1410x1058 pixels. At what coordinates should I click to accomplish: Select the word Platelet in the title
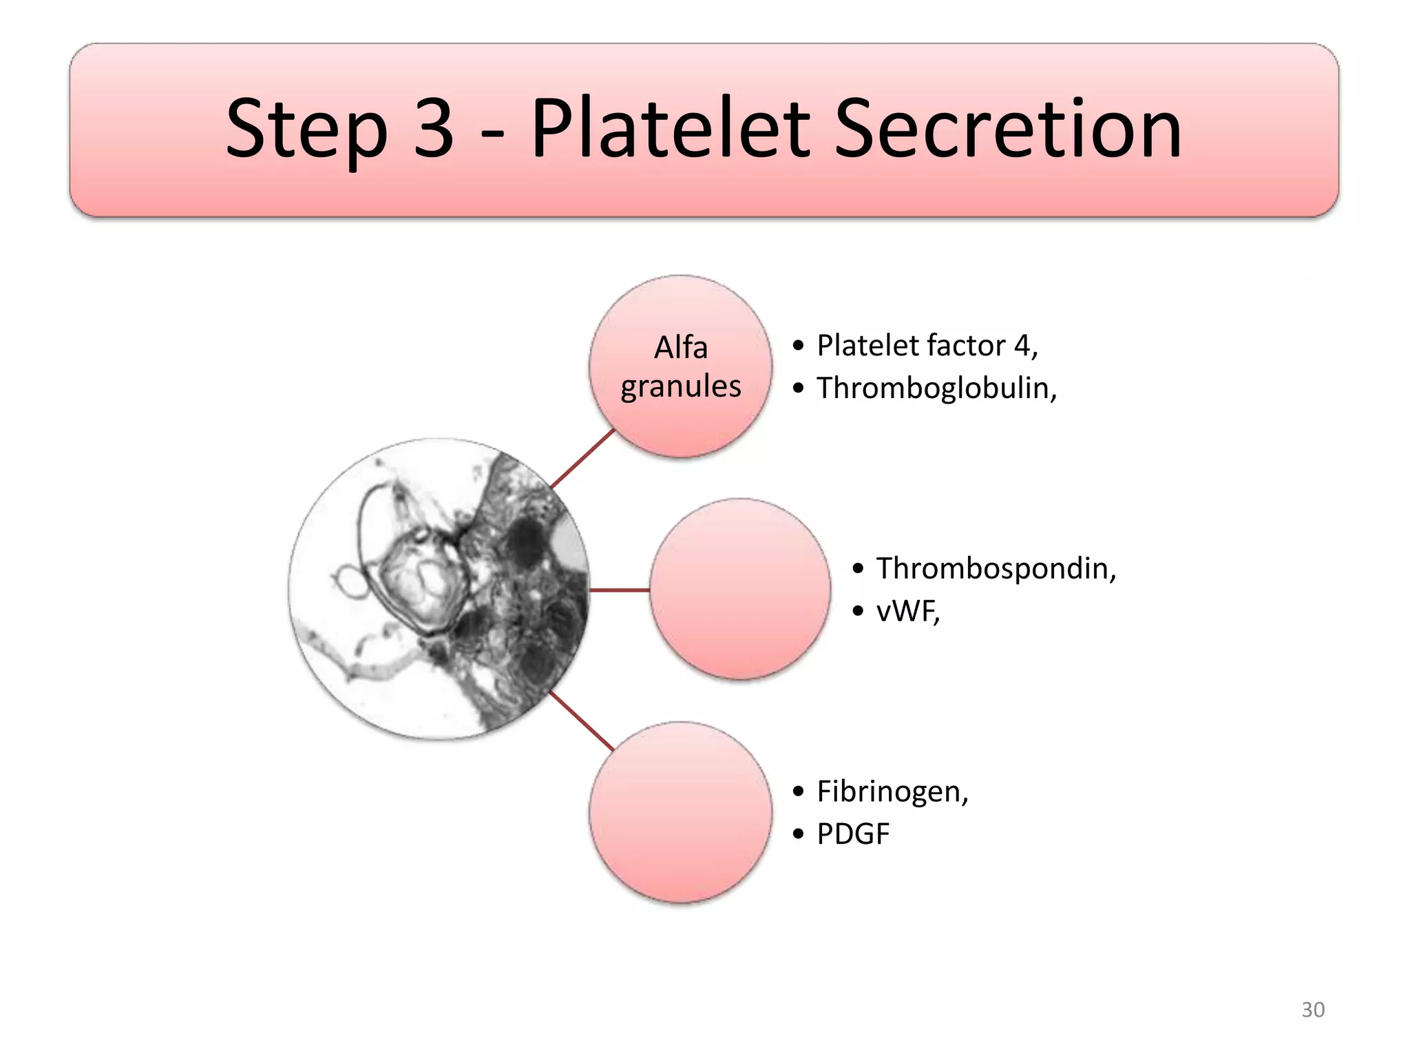coord(671,128)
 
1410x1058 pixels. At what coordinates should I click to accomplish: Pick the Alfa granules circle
coord(680,366)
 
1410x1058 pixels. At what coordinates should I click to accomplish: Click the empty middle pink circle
coord(740,590)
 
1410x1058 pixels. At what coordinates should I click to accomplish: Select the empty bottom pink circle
coord(680,813)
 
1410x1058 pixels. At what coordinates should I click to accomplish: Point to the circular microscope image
coord(439,590)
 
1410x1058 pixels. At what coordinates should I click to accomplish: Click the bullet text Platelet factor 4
coord(926,346)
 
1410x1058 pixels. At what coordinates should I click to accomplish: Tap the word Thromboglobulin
coord(936,388)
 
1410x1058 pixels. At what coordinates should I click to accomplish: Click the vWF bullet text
coord(907,612)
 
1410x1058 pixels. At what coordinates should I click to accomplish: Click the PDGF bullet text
coord(852,834)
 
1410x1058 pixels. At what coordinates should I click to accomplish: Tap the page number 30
coord(1312,1010)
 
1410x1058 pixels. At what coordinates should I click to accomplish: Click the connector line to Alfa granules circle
coord(582,459)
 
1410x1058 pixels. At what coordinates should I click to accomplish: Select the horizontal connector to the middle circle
coord(620,590)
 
